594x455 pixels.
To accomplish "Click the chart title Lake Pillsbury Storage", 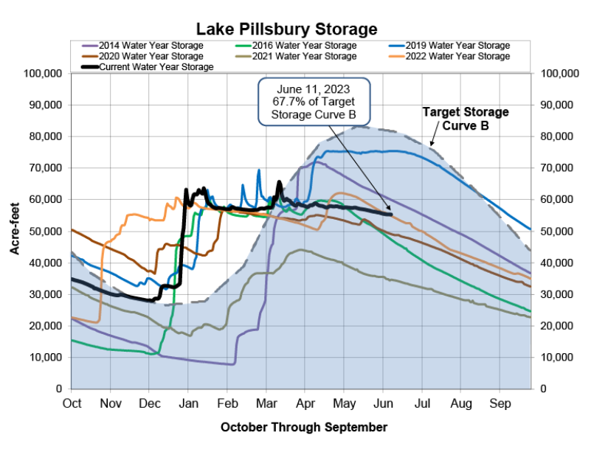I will tap(286, 29).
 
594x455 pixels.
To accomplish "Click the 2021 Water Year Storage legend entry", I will tap(303, 56).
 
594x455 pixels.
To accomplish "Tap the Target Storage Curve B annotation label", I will tap(465, 118).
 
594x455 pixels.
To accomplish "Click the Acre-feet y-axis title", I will tap(14, 231).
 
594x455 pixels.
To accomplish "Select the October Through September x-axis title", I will tap(303, 427).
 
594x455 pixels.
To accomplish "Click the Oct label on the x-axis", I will tap(72, 403).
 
